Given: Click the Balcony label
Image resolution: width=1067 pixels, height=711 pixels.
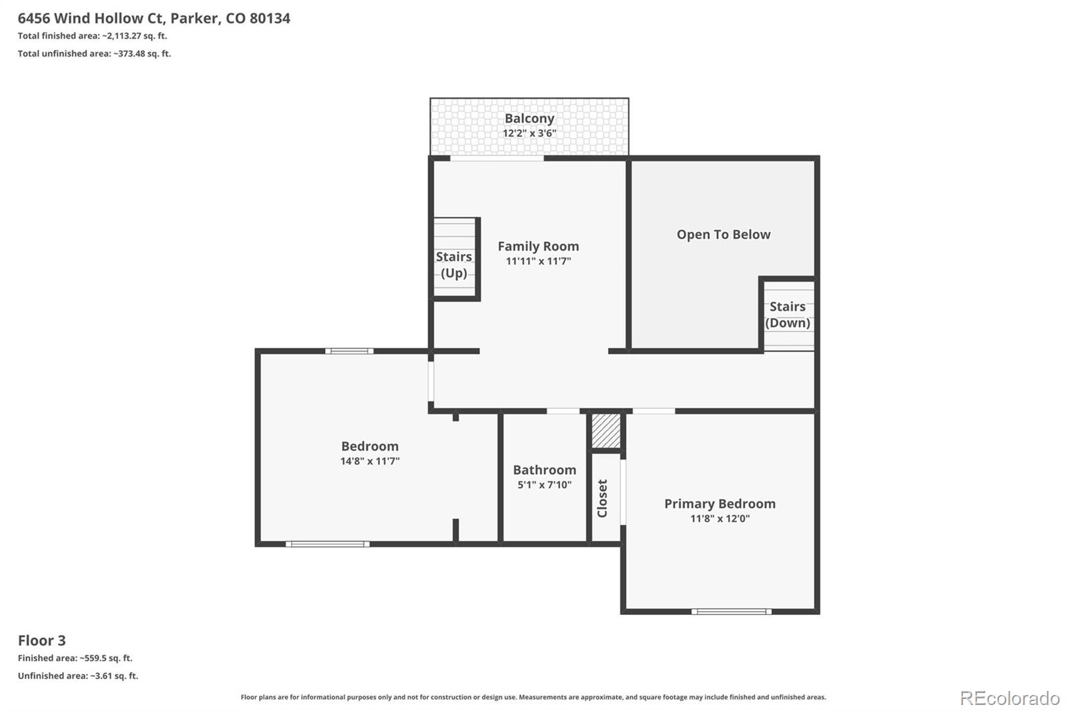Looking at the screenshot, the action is click(529, 118).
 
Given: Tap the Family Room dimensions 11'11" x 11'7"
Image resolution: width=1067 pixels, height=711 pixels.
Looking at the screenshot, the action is click(538, 261).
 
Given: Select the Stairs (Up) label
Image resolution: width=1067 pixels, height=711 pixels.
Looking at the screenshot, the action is click(453, 265).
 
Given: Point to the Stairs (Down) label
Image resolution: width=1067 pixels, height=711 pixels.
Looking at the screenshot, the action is click(788, 315).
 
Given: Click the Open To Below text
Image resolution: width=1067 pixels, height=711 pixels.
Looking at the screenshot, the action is click(724, 235).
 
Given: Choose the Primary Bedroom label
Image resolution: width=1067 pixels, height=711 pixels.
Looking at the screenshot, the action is click(720, 504).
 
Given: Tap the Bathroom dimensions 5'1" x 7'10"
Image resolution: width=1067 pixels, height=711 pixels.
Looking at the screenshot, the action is click(544, 485).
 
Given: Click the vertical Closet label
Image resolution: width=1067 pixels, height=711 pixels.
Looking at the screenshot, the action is click(602, 498).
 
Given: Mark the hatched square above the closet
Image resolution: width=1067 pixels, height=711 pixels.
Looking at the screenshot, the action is click(606, 431).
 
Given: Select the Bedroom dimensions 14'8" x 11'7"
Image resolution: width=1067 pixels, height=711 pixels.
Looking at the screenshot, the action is click(369, 462).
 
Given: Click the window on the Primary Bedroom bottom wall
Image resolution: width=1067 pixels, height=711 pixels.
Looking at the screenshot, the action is click(732, 612).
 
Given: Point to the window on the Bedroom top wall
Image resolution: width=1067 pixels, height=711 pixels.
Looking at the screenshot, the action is click(349, 351).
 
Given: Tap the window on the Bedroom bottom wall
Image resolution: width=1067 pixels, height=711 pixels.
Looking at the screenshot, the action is click(327, 544).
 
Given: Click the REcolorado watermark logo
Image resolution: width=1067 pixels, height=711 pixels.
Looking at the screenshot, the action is click(1010, 698).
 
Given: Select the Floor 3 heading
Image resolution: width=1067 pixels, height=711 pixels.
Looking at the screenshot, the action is click(42, 640).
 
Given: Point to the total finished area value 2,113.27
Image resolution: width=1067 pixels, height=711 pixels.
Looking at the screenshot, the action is click(124, 36).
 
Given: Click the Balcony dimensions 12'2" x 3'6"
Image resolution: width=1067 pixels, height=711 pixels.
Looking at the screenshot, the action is click(529, 133).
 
